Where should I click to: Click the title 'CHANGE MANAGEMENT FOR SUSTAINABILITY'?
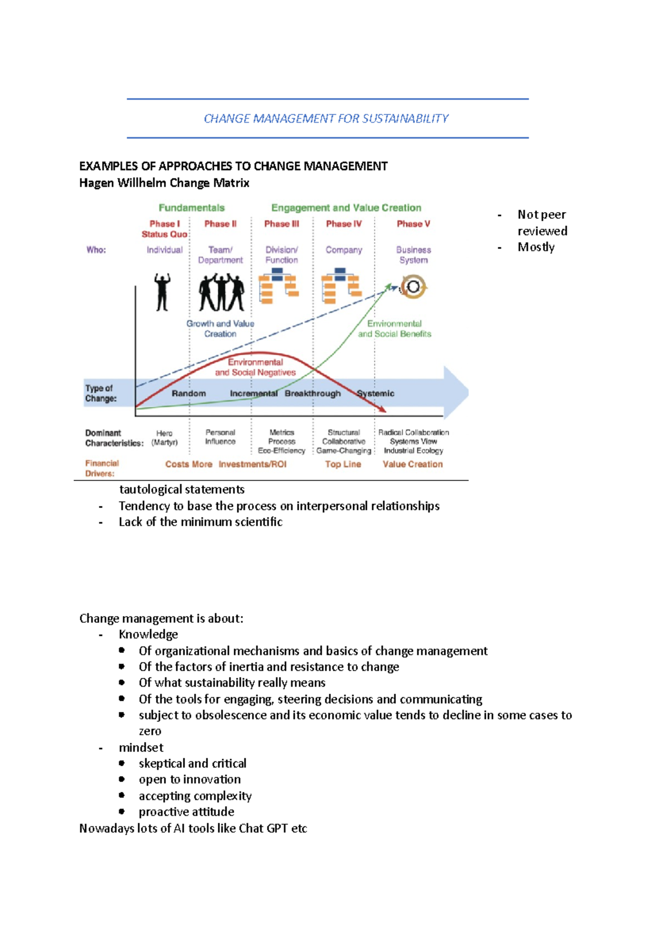click(326, 118)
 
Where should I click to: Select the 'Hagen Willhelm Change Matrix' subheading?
click(164, 183)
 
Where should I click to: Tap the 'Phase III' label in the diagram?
click(282, 224)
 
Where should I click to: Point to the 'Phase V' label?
click(413, 224)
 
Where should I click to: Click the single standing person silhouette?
click(162, 292)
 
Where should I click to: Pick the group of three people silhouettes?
click(221, 292)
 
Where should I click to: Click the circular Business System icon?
click(413, 286)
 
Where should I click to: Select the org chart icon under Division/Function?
click(278, 287)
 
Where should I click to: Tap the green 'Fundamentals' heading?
click(192, 208)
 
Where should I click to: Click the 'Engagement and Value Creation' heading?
click(346, 208)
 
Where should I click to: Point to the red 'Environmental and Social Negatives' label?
click(255, 367)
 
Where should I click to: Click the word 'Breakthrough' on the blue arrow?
click(312, 393)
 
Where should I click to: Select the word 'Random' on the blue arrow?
click(189, 393)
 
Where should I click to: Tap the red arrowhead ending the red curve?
click(383, 409)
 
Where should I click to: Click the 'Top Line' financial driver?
click(343, 464)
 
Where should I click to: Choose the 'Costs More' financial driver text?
click(188, 464)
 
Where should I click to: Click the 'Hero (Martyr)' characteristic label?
click(164, 437)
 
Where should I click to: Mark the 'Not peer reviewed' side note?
click(542, 223)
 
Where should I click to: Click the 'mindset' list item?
click(141, 747)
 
